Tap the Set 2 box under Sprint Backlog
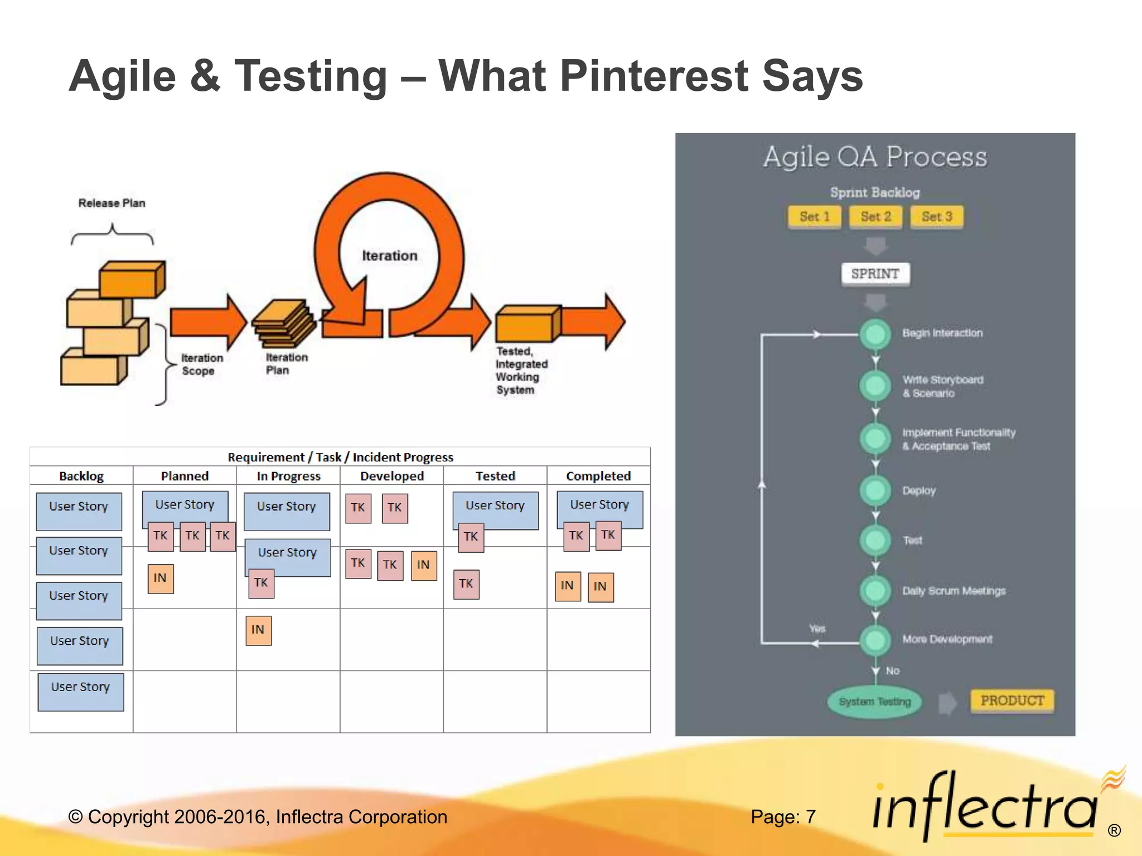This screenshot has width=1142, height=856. (875, 217)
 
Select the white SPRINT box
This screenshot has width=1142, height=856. (875, 274)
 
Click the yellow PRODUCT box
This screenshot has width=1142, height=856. (1012, 701)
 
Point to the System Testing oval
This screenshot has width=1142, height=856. (874, 702)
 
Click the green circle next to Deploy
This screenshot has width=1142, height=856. (875, 490)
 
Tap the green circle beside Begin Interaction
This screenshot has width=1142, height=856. (875, 334)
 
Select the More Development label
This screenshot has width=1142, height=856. (947, 639)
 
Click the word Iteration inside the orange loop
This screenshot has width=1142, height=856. (389, 256)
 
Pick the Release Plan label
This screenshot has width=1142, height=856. (112, 203)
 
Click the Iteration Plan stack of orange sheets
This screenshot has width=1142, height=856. (283, 323)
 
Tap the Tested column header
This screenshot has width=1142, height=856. (495, 476)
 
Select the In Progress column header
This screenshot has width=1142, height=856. (288, 476)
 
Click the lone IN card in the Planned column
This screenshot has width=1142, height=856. (160, 578)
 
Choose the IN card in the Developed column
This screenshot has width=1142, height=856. (423, 565)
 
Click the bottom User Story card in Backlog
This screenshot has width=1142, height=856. (80, 692)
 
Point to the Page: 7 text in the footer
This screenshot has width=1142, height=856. (782, 817)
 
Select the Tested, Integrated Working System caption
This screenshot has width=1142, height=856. (520, 371)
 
